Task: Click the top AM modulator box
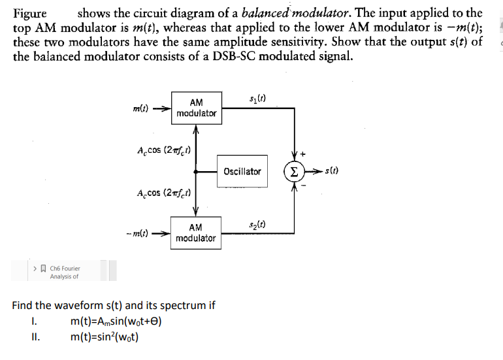pyautogui.click(x=196, y=108)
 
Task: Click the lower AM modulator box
pyautogui.click(x=195, y=233)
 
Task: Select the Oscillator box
pyautogui.click(x=242, y=172)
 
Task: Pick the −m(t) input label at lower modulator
pyautogui.click(x=137, y=233)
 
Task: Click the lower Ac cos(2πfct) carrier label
pyautogui.click(x=162, y=193)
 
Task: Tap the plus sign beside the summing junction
pyautogui.click(x=305, y=154)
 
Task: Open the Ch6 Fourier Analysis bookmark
pyautogui.click(x=64, y=272)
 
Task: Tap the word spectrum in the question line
pyautogui.click(x=181, y=305)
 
